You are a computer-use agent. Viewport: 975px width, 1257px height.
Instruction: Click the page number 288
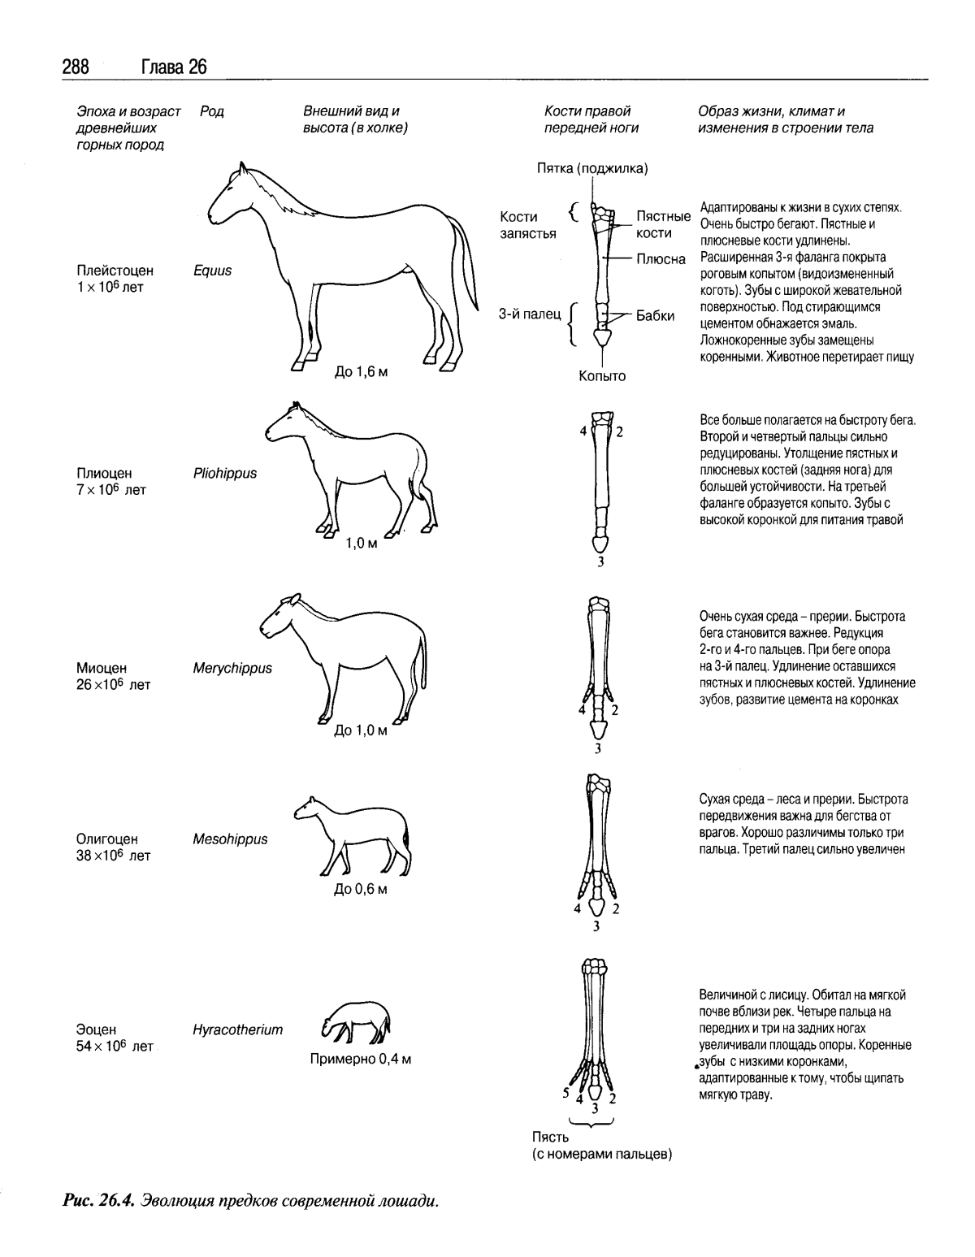click(x=75, y=67)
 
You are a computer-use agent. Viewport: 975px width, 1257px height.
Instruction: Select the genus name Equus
click(x=212, y=271)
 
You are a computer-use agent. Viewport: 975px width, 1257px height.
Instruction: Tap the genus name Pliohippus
click(x=225, y=473)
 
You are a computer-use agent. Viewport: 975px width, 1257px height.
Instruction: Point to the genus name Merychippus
click(x=232, y=668)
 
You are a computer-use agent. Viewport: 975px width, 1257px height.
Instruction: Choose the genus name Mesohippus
click(x=230, y=839)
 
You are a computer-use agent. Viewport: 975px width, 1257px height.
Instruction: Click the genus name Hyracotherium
click(x=237, y=1029)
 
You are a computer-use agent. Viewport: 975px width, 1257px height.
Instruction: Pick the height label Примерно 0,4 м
click(x=361, y=1060)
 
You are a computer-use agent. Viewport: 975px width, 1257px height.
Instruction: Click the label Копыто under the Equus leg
click(x=602, y=376)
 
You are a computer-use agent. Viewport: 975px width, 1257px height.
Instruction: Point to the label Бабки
click(x=655, y=316)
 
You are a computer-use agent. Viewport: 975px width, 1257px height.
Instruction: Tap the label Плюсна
click(x=661, y=259)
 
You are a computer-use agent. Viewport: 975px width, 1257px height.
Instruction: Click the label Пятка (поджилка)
click(x=592, y=168)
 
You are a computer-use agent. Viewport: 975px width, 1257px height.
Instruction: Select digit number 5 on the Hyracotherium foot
click(x=565, y=1093)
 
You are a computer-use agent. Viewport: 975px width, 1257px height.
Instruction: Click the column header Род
click(x=211, y=111)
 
